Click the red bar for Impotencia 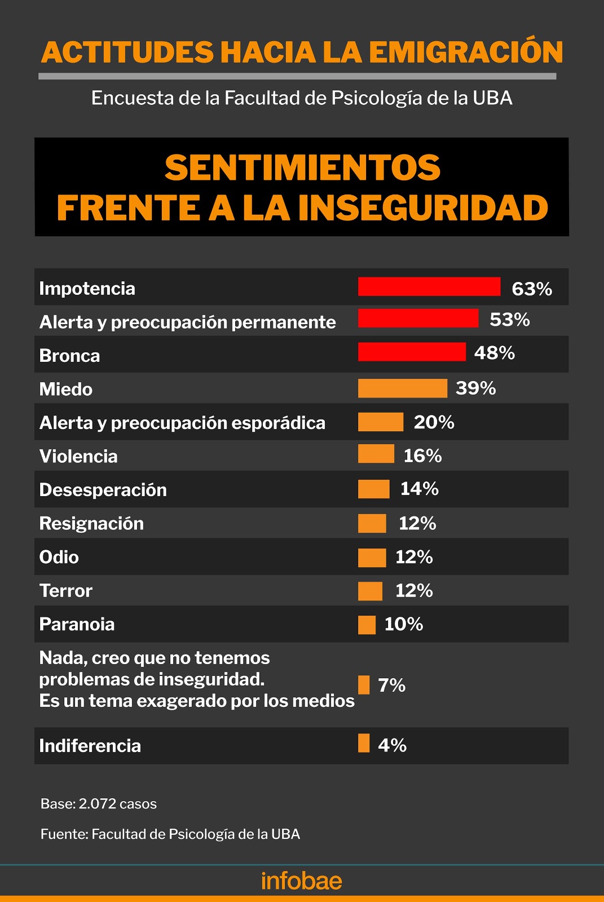pos(429,286)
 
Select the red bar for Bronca pos(412,352)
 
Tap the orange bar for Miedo pos(402,388)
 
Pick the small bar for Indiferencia pos(364,743)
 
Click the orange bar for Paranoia pos(367,625)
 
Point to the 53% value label pos(509,320)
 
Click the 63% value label pos(531,289)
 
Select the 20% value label pos(434,422)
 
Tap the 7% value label pos(391,686)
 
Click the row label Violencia pos(78,456)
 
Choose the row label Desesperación pos(103,490)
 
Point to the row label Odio pos(59,557)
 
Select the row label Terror pos(65,591)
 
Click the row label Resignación pos(91,524)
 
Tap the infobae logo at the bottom pos(302,881)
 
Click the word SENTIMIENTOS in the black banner pos(302,168)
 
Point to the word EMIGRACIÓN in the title pos(466,52)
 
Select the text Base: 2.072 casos pos(99,804)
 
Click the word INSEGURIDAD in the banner pos(423,208)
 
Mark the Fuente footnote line pos(170,834)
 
